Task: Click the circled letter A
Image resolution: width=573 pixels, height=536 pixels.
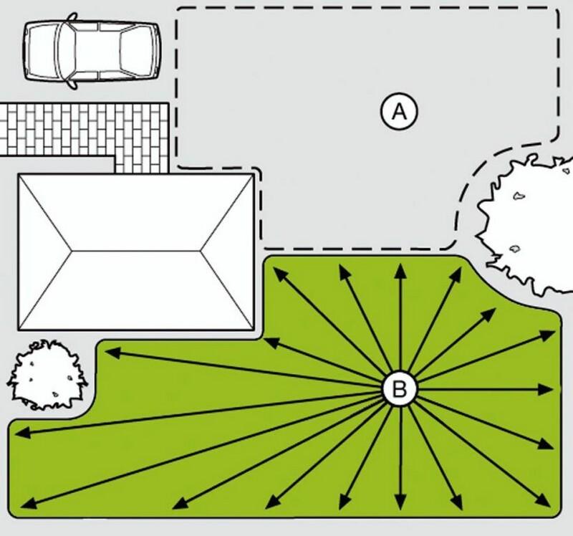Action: tap(399, 111)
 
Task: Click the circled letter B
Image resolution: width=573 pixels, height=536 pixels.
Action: tap(399, 388)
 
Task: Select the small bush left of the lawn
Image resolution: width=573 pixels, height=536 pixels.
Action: tap(47, 374)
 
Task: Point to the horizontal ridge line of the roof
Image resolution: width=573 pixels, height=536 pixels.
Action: tap(135, 251)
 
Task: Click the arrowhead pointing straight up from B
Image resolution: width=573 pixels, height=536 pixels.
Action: tap(401, 271)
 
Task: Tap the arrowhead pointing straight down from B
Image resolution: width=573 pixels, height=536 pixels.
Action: tap(401, 502)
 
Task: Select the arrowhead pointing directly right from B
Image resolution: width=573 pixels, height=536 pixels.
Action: tap(546, 390)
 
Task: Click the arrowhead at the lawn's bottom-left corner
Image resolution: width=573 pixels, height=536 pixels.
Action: tap(29, 503)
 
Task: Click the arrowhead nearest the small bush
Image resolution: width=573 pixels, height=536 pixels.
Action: tap(113, 353)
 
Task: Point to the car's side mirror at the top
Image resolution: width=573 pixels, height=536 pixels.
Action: tap(73, 16)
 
